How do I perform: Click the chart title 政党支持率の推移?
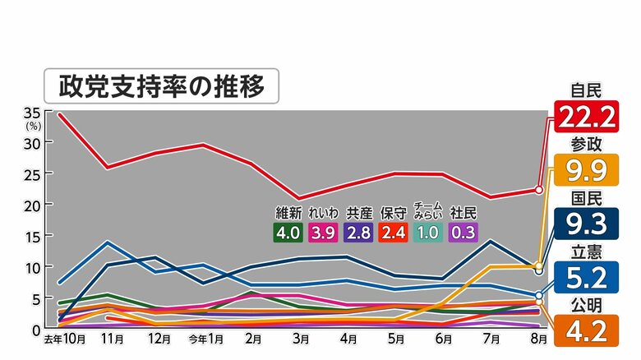[160, 85]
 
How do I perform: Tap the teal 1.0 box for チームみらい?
[428, 232]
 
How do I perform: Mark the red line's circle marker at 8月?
[538, 190]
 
